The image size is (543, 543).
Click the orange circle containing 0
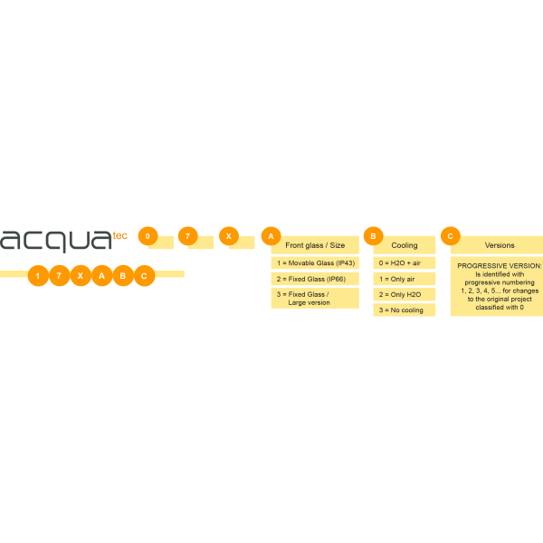click(148, 236)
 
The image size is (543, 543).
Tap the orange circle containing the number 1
click(38, 276)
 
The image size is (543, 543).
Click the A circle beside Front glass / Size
click(271, 236)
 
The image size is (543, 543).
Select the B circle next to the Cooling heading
click(373, 236)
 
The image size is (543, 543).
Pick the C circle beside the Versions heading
click(451, 236)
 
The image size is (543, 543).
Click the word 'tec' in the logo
click(119, 236)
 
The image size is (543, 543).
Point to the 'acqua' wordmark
click(56, 241)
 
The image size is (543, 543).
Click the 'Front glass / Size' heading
click(315, 245)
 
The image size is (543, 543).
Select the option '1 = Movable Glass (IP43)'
click(315, 262)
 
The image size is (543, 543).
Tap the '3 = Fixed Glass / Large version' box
click(315, 298)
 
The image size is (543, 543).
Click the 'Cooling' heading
click(405, 245)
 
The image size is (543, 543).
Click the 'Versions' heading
click(500, 245)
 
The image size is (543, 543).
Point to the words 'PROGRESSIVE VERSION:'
click(500, 265)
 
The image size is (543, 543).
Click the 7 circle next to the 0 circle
click(188, 236)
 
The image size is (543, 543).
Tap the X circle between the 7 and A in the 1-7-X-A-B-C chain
click(81, 276)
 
